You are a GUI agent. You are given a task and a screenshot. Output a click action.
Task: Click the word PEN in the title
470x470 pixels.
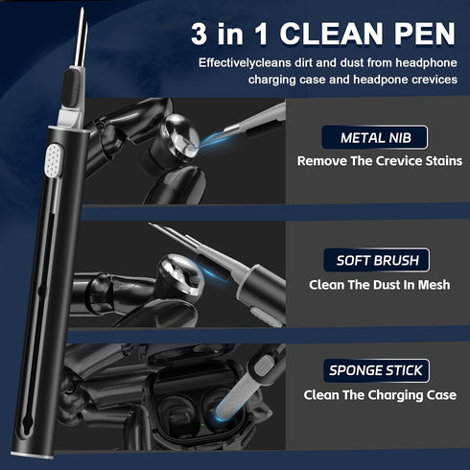click(x=424, y=34)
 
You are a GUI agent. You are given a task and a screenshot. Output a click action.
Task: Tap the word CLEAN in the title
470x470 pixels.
click(x=331, y=34)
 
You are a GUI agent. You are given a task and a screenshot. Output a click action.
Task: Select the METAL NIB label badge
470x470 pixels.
click(x=375, y=137)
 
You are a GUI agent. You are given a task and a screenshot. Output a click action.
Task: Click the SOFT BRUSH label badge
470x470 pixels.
click(x=376, y=260)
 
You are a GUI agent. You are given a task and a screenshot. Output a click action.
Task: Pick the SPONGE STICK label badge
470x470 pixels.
click(x=376, y=370)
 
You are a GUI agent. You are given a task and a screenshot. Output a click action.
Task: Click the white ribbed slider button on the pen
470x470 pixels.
click(x=53, y=160)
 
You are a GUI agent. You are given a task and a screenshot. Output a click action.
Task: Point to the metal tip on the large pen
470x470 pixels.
click(x=81, y=37)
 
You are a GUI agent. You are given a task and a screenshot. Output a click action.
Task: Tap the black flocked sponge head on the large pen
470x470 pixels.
click(x=72, y=87)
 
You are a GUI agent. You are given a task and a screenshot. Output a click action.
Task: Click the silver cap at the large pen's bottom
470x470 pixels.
click(x=32, y=455)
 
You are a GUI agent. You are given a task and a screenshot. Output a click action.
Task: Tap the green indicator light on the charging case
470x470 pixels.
click(x=202, y=425)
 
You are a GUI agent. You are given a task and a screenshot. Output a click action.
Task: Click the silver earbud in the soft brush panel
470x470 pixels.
click(x=180, y=275)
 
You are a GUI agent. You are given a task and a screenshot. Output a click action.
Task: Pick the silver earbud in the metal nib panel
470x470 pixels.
click(x=179, y=137)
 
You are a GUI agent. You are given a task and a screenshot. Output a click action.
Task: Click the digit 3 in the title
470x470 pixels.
click(x=199, y=34)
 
